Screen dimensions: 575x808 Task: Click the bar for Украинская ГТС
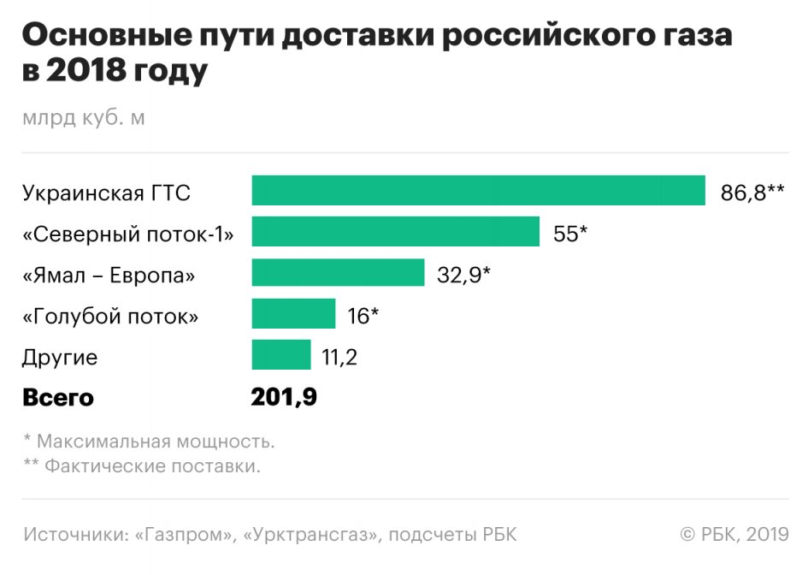478,192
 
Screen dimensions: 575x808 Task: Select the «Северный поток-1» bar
396,232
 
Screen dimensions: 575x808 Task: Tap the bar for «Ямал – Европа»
338,273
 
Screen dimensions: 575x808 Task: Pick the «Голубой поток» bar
293,315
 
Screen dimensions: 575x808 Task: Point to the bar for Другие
281,355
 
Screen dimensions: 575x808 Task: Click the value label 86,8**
752,193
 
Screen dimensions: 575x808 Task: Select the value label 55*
570,234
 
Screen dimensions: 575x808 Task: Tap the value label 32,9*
463,275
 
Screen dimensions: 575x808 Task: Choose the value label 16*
363,316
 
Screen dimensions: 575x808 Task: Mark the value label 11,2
339,357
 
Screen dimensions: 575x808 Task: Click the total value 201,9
284,398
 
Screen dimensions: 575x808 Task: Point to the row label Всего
58,399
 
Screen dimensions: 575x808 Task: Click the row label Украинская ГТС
107,193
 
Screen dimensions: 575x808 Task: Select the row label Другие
60,357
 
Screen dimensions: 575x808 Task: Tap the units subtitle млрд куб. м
84,118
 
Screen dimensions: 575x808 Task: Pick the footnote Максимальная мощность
155,442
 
